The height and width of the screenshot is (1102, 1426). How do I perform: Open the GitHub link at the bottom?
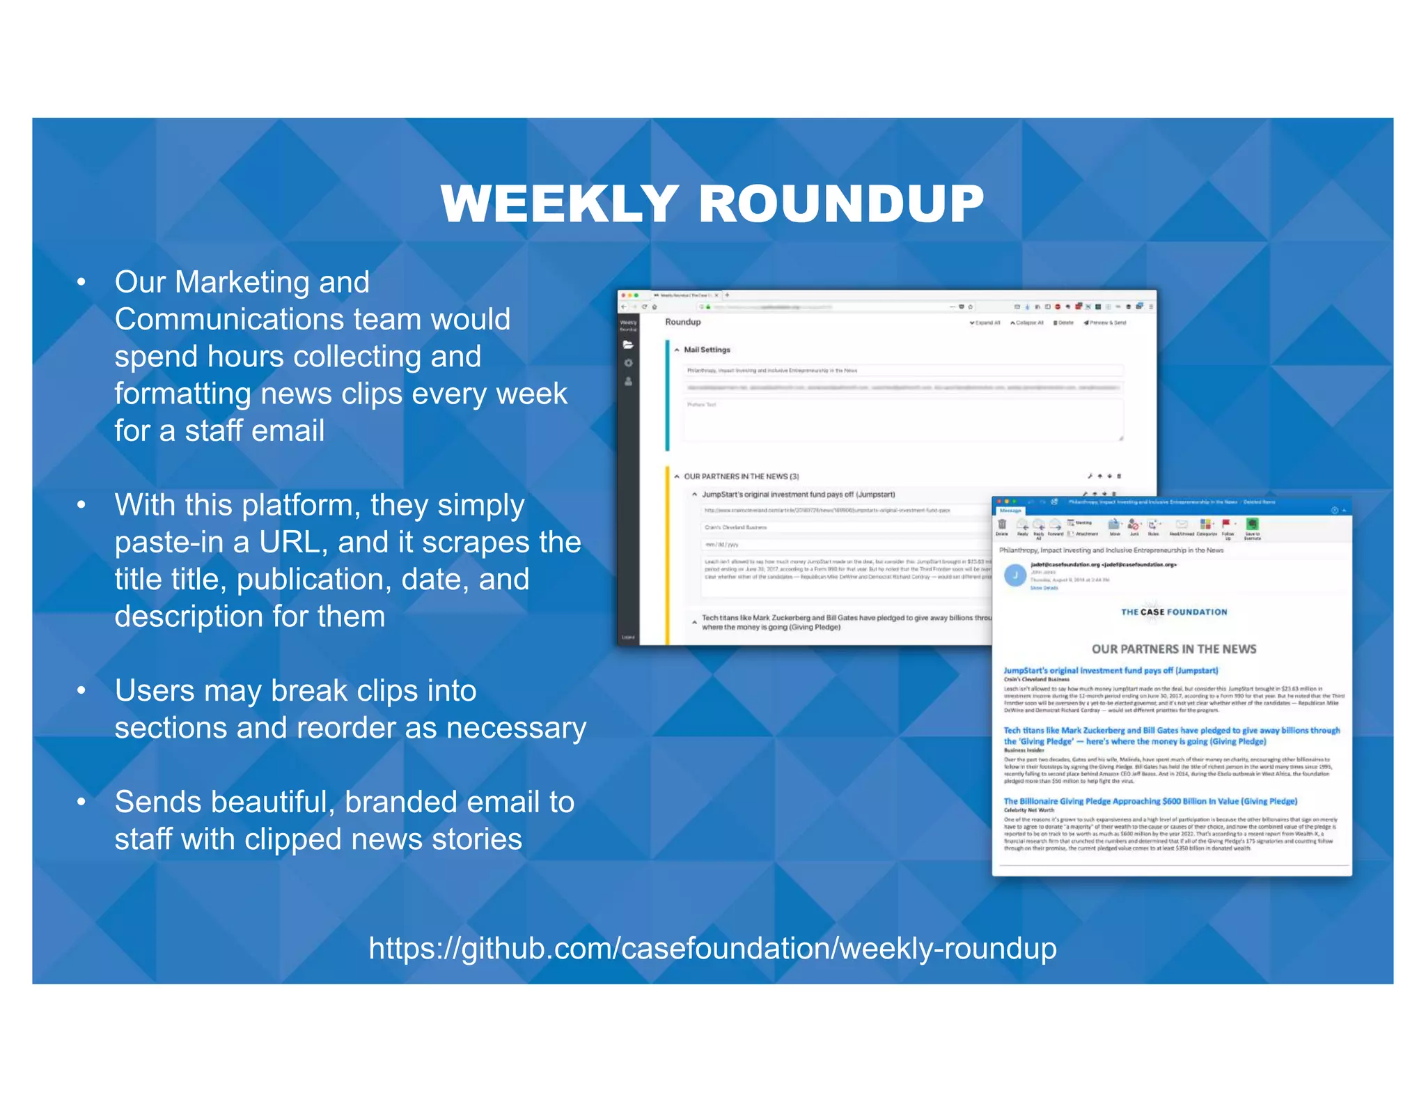[712, 948]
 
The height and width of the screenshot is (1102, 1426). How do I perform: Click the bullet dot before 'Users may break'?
[81, 691]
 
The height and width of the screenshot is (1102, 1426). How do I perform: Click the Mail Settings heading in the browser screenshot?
[707, 350]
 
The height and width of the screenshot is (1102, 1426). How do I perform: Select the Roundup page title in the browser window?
[682, 322]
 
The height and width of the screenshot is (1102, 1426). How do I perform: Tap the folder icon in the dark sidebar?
[628, 345]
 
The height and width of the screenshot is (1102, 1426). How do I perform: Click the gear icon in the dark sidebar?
[628, 363]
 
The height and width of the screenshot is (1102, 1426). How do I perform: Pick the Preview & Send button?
[1105, 323]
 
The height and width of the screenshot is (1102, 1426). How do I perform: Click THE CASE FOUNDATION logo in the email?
[1173, 612]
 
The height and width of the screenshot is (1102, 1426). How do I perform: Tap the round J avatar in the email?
[1015, 575]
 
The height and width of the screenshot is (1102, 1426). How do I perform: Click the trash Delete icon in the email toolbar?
[1002, 525]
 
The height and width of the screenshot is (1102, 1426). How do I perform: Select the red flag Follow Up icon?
[1226, 524]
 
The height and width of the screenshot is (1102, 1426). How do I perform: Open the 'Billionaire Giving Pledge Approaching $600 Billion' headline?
[1150, 801]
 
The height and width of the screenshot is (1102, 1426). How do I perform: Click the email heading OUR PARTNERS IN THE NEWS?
[1173, 649]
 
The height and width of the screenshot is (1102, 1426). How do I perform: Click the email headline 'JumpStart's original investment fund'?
[1111, 670]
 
